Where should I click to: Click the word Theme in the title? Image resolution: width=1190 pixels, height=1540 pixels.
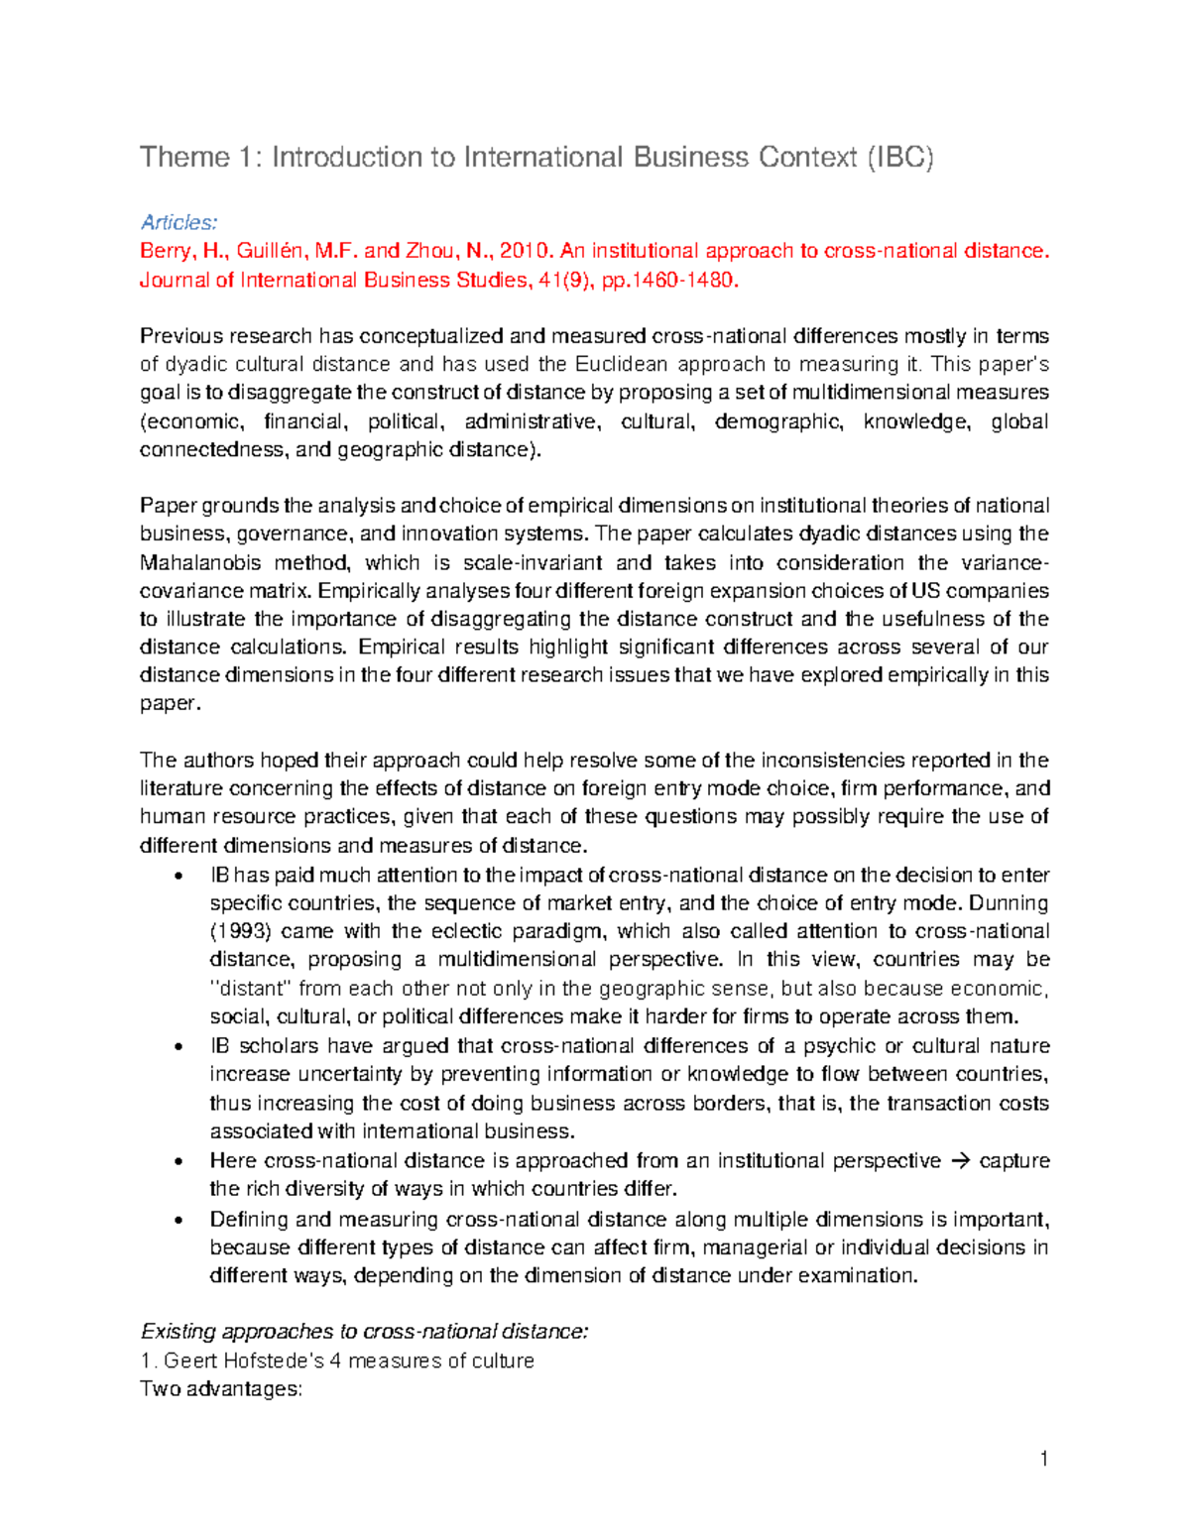(183, 158)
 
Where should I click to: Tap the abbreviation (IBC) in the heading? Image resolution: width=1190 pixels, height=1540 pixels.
(899, 158)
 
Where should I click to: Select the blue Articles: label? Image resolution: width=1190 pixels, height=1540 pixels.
(178, 222)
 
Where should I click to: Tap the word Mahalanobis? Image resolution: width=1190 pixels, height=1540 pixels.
(202, 562)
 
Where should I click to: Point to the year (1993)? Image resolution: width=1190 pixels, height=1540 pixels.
(239, 931)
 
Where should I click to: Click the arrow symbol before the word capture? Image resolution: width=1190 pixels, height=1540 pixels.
(960, 1160)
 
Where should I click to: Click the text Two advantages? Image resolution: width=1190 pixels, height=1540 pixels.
(221, 1388)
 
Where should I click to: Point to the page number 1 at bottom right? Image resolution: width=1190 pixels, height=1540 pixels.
(1043, 1458)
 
